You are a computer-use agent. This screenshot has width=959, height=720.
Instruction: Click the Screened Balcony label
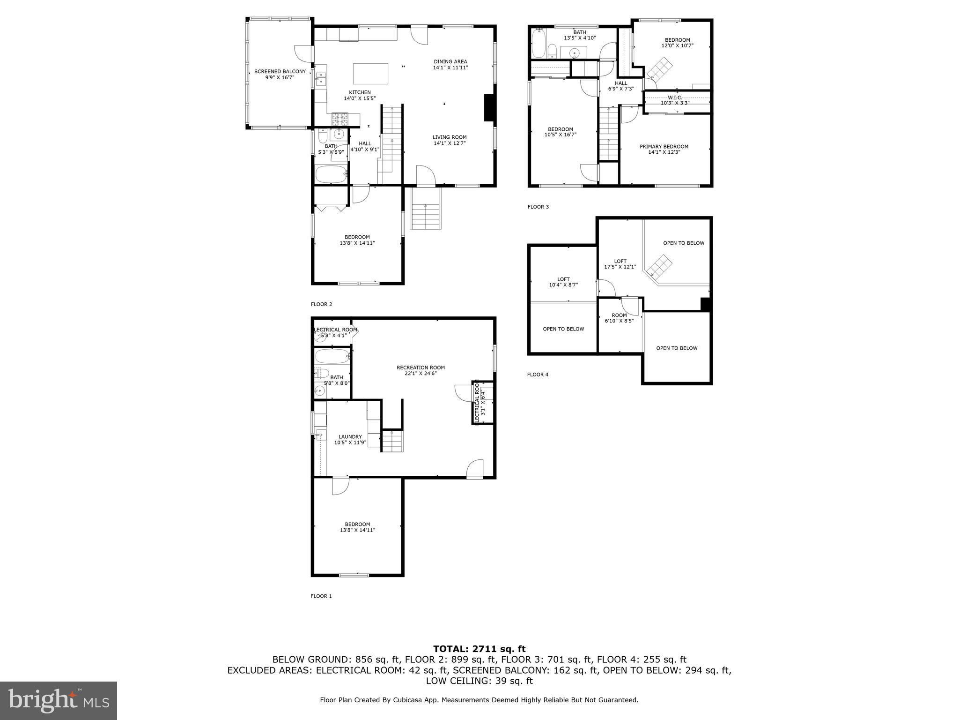pyautogui.click(x=280, y=75)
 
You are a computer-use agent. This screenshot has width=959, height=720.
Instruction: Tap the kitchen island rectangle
pyautogui.click(x=370, y=74)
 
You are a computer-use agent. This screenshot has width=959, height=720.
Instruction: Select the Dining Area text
pyautogui.click(x=450, y=64)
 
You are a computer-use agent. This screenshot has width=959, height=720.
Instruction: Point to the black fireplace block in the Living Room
pyautogui.click(x=489, y=108)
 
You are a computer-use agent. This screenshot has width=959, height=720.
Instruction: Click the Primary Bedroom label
pyautogui.click(x=664, y=149)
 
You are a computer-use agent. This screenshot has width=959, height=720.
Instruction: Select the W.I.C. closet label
pyautogui.click(x=675, y=100)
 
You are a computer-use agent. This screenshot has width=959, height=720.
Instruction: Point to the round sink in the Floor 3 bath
pyautogui.click(x=575, y=53)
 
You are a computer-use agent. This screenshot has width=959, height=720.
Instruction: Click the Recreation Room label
pyautogui.click(x=420, y=370)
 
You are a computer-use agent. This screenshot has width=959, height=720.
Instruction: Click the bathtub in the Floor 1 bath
pyautogui.click(x=332, y=357)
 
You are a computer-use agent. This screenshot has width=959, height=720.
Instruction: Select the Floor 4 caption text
pyautogui.click(x=538, y=375)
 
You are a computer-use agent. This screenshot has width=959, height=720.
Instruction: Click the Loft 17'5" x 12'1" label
pyautogui.click(x=620, y=264)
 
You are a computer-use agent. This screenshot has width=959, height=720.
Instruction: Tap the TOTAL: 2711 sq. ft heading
pyautogui.click(x=479, y=649)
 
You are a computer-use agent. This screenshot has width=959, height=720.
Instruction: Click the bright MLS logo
pyautogui.click(x=59, y=700)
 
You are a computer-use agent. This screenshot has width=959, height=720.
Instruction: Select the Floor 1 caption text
pyautogui.click(x=321, y=596)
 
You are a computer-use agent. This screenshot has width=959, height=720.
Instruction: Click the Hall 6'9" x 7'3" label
pyautogui.click(x=621, y=86)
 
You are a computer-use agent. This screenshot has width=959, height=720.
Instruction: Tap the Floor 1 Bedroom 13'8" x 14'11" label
pyautogui.click(x=357, y=527)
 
